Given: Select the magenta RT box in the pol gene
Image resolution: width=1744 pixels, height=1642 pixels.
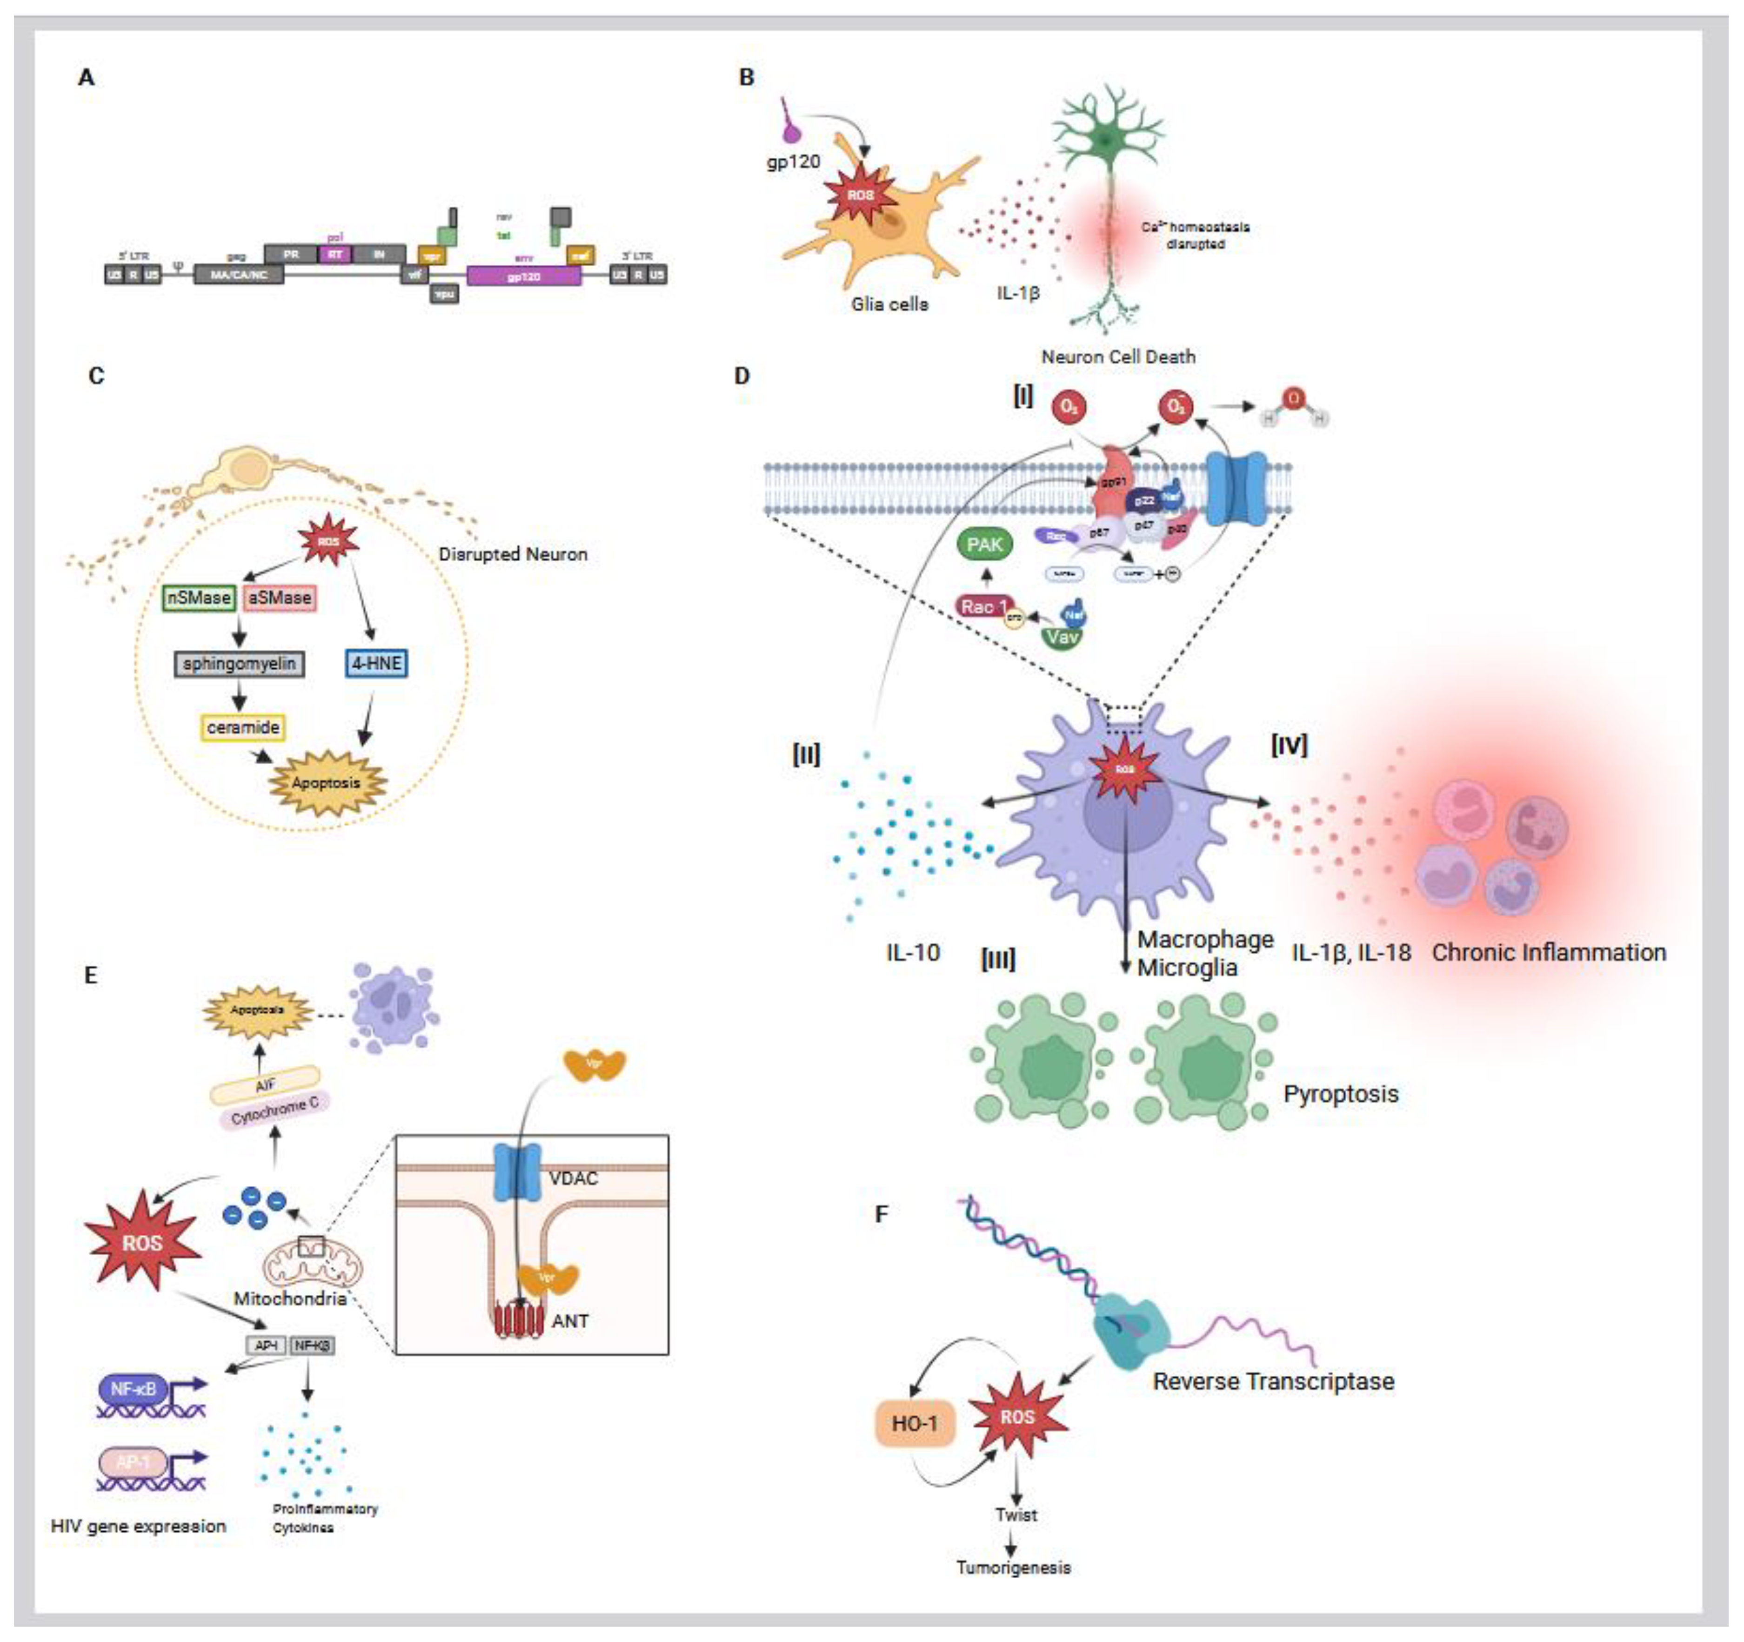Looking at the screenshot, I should pyautogui.click(x=334, y=255).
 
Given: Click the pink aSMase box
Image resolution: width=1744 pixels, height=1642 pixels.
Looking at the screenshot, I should pyautogui.click(x=279, y=598).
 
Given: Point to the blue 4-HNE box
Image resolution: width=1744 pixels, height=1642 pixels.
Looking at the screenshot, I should pyautogui.click(x=376, y=664).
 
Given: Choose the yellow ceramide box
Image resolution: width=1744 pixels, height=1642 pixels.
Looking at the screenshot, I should pyautogui.click(x=243, y=727).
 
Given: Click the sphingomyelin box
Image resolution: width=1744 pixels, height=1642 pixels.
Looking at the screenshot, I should pyautogui.click(x=240, y=664).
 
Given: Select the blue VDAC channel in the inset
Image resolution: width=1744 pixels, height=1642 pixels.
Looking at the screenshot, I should pyautogui.click(x=518, y=1171).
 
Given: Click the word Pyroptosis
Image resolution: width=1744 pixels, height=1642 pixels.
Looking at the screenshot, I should pyautogui.click(x=1341, y=1094).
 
